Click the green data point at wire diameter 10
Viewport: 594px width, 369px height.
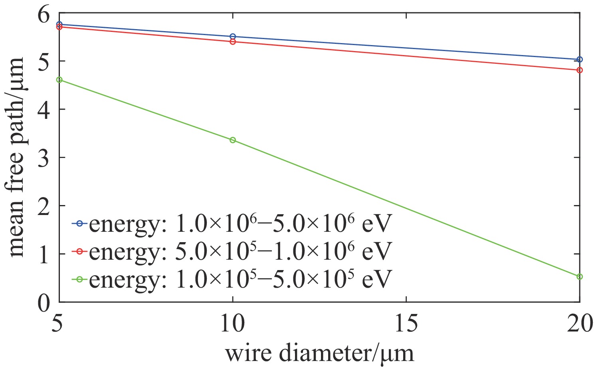(x=233, y=140)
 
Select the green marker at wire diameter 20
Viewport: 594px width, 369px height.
(x=580, y=276)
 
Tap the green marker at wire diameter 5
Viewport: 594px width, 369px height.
(x=59, y=80)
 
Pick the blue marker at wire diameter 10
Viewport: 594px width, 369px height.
(x=233, y=37)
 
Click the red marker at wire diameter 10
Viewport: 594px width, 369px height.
(x=233, y=42)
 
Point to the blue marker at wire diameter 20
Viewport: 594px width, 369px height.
(x=580, y=59)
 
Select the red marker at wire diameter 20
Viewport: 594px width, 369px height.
(x=580, y=70)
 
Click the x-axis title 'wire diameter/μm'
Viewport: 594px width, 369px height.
(x=319, y=353)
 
